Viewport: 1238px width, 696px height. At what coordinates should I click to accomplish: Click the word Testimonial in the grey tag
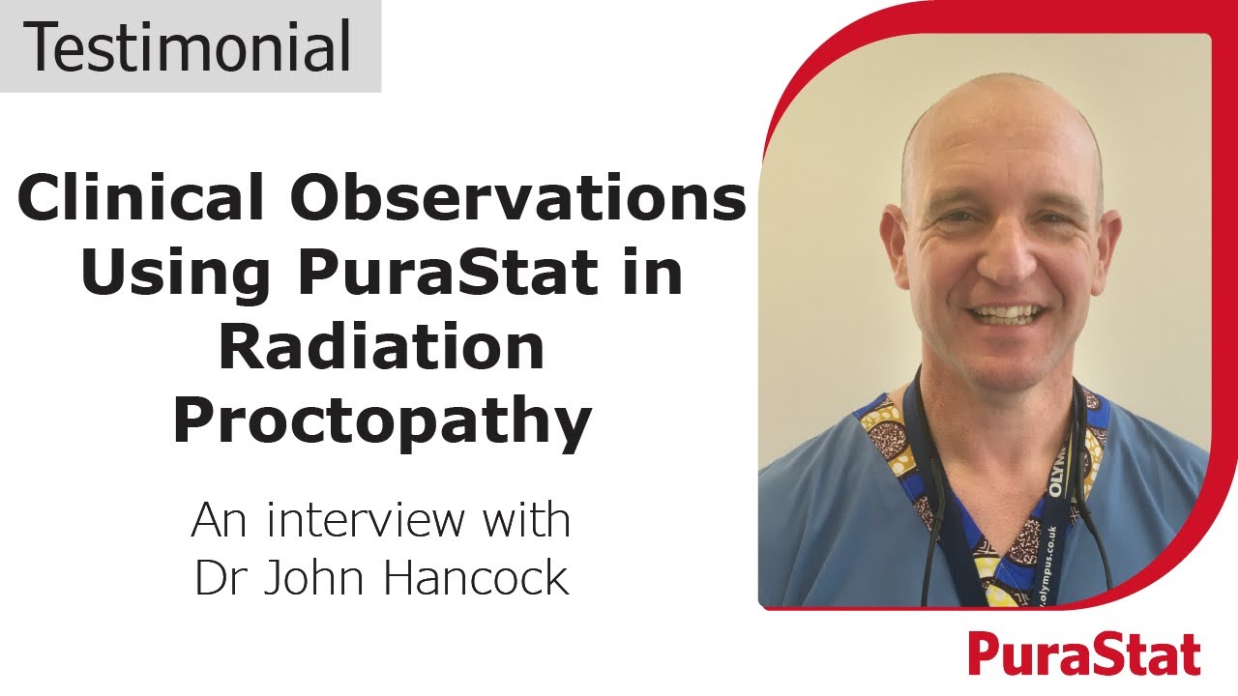pos(190,46)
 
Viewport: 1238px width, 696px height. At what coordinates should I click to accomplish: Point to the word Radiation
pos(382,349)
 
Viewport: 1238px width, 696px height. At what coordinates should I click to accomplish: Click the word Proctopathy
pos(382,422)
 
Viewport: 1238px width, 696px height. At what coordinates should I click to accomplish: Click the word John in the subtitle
pos(319,577)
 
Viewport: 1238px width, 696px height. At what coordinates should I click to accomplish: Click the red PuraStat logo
pos(1084,654)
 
